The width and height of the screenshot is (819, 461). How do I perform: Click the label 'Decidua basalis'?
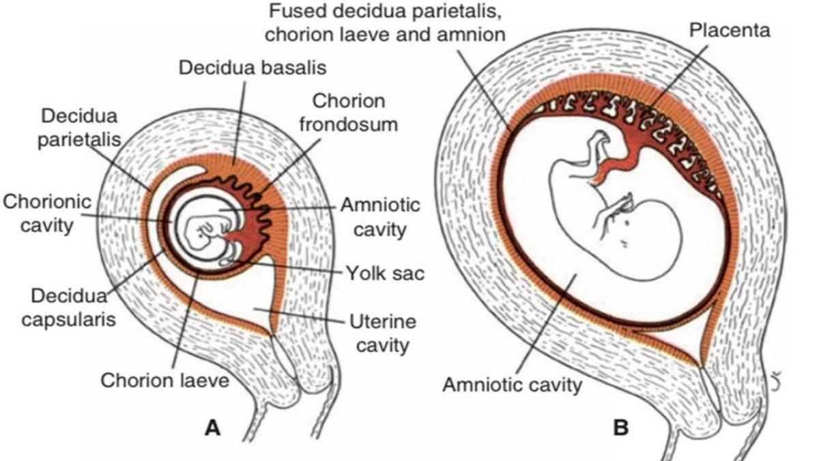tap(253, 68)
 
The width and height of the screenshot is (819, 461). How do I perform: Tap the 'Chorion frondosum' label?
tap(349, 114)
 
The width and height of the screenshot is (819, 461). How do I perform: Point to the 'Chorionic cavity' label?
tap(46, 212)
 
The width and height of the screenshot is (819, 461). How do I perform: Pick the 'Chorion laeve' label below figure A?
tap(165, 380)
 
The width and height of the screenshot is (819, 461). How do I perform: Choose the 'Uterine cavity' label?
tap(382, 333)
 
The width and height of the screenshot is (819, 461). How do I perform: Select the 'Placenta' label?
tap(729, 30)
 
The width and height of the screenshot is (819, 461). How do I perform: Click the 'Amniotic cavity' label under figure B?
tap(513, 384)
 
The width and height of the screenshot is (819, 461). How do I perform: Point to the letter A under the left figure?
tap(213, 428)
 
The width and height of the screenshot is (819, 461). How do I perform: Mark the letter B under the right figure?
tap(621, 428)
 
